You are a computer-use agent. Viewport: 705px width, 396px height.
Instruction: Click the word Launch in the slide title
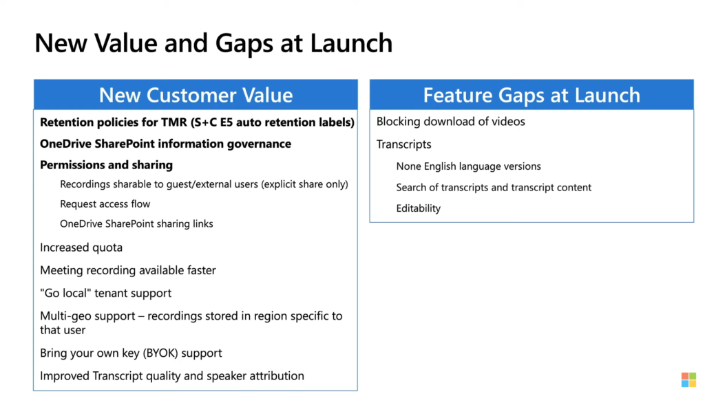tap(351, 43)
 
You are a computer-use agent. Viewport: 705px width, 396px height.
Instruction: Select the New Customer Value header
tap(196, 95)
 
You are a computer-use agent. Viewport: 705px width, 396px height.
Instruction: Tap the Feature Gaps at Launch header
tap(532, 95)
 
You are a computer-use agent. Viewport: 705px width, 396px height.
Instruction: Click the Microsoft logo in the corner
tap(688, 379)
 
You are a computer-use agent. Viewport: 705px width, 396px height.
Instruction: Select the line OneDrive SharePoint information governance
tap(165, 144)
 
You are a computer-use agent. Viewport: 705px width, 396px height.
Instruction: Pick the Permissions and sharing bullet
tap(106, 165)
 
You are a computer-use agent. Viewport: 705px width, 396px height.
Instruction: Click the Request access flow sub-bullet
tap(105, 203)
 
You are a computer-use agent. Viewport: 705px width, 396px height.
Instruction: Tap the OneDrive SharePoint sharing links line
tap(136, 223)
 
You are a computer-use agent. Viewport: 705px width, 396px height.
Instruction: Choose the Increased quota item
tap(81, 247)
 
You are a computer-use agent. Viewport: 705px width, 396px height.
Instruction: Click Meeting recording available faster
tap(127, 270)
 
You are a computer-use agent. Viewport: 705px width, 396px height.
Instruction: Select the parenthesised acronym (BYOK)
tap(160, 353)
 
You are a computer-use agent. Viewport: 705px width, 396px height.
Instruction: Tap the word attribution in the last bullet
tap(277, 376)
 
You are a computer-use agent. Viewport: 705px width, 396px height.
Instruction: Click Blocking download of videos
tap(450, 122)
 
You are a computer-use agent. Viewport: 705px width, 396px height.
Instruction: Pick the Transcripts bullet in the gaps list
tap(403, 144)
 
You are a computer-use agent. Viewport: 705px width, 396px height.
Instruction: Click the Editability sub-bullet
tap(418, 208)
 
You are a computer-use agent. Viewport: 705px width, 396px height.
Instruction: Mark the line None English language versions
tap(468, 166)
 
